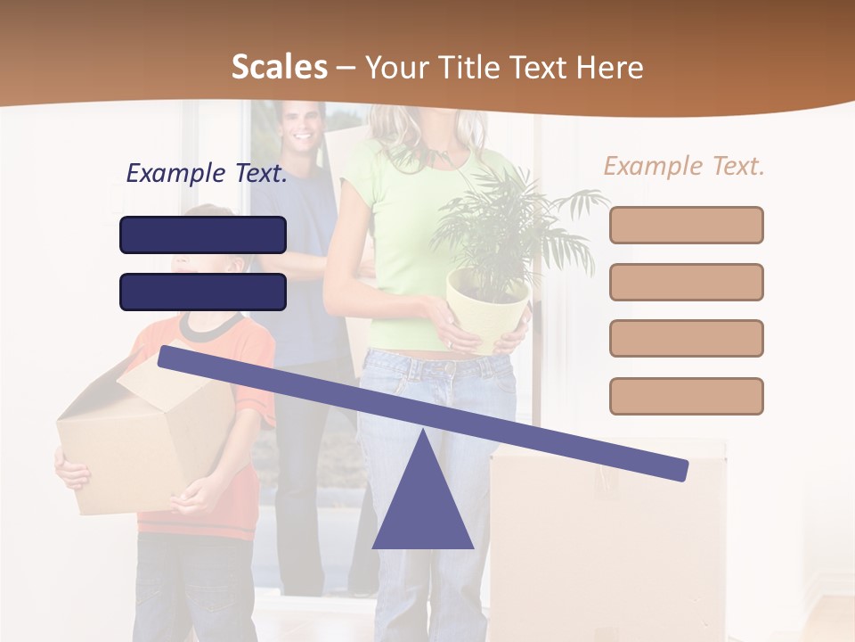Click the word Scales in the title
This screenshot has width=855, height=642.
tap(279, 67)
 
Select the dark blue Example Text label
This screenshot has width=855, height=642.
tap(207, 174)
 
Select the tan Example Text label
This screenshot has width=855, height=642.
tap(684, 166)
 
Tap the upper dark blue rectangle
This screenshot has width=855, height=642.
tap(203, 235)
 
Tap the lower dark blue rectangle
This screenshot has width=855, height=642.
tap(203, 292)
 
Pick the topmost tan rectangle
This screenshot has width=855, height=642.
tap(686, 225)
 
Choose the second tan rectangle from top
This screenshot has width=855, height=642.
tap(686, 282)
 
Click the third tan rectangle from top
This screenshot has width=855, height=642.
tap(686, 338)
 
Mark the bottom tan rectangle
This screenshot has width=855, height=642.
tap(686, 396)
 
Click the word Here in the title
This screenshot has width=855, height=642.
tap(610, 67)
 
